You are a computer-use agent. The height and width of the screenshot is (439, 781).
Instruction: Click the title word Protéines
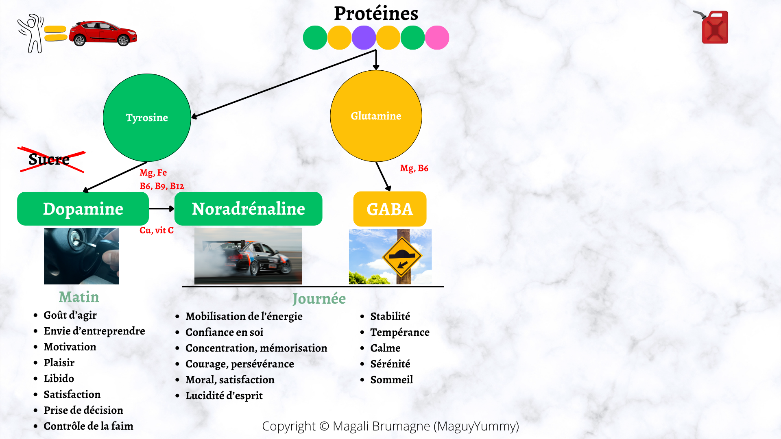coord(376,13)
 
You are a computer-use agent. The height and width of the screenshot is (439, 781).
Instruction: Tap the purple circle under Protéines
coord(364,37)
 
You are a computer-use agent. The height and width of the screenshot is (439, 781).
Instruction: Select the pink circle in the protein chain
coord(437,37)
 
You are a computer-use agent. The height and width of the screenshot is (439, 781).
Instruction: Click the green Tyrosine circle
coord(147,117)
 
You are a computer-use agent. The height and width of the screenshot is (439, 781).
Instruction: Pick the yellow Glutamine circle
coord(376,116)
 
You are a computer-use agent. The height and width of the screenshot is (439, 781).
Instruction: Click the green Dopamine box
coord(83,209)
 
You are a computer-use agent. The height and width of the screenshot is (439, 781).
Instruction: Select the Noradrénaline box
coord(248,209)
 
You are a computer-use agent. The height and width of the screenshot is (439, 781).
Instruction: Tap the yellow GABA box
coord(390,209)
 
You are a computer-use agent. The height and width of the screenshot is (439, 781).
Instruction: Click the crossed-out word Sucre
coord(49,159)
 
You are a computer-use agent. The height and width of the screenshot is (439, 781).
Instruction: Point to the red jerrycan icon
coord(712,27)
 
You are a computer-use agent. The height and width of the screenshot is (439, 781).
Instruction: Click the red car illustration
coord(103,33)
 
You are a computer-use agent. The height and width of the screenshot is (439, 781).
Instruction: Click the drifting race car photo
coord(248,256)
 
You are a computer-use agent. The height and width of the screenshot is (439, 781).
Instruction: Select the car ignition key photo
coord(81,256)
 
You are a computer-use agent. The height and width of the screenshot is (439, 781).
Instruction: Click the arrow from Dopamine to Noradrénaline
coord(161,209)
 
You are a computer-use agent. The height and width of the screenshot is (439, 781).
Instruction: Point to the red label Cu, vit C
coord(157,230)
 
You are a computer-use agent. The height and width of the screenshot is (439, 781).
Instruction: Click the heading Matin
coord(79,297)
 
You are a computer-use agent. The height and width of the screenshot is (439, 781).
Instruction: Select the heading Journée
coord(319,299)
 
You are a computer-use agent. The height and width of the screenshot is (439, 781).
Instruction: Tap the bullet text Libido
coord(59,378)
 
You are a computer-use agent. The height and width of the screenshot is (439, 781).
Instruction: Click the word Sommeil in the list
coord(391,380)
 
